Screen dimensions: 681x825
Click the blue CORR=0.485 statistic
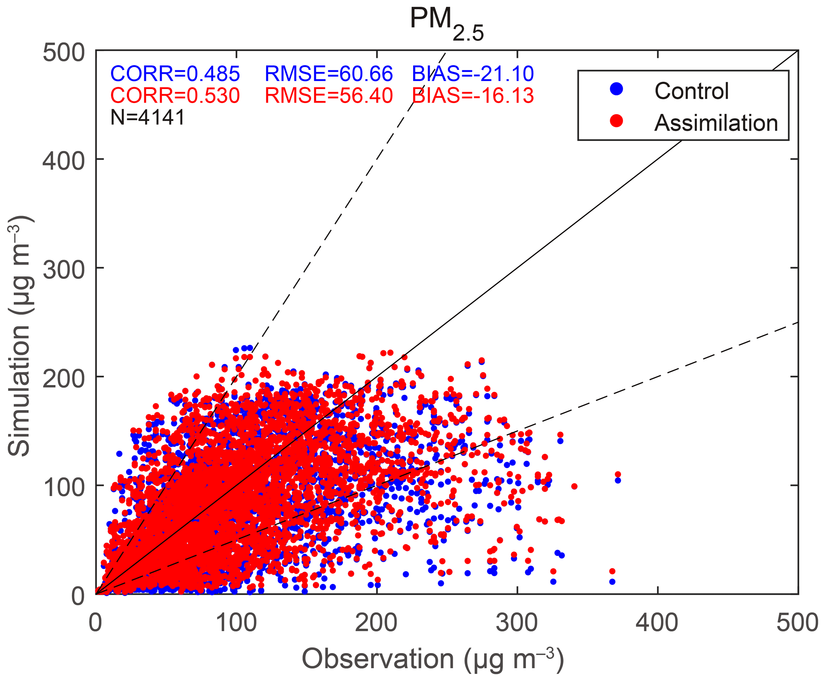pyautogui.click(x=175, y=74)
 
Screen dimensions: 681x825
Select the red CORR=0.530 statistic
pyautogui.click(x=175, y=96)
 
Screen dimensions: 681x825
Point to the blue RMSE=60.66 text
pyautogui.click(x=329, y=74)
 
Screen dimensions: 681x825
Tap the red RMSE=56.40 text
pyautogui.click(x=329, y=96)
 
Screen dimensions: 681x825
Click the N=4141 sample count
pyautogui.click(x=148, y=117)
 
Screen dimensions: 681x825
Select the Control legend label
pyautogui.click(x=691, y=91)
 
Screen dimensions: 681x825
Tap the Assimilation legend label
pyautogui.click(x=716, y=123)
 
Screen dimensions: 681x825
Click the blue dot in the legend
pyautogui.click(x=616, y=89)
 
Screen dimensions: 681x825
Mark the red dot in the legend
pyautogui.click(x=616, y=121)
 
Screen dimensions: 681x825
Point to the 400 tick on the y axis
pyautogui.click(x=63, y=160)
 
